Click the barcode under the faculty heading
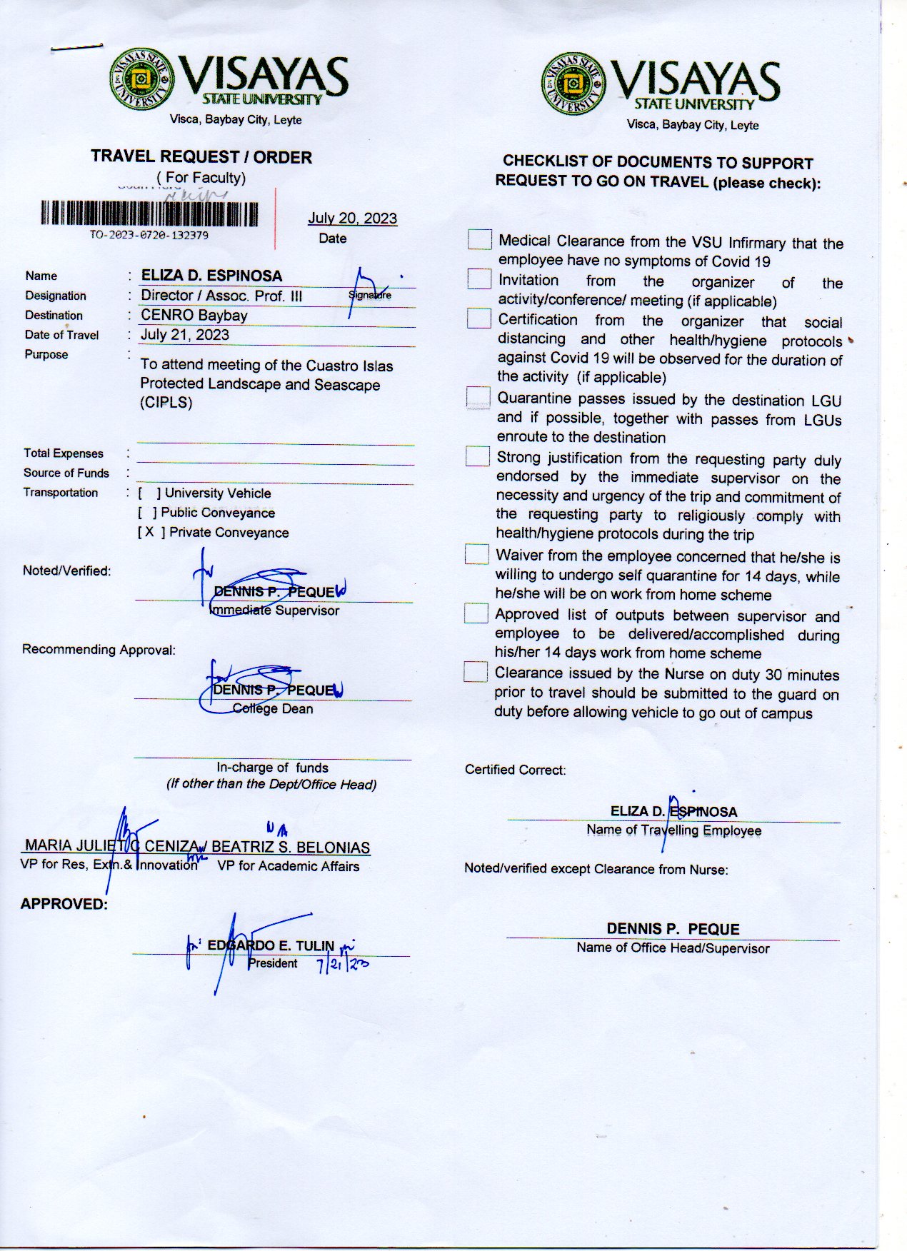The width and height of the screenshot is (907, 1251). click(x=149, y=213)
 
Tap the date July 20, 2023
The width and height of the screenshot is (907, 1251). click(x=352, y=218)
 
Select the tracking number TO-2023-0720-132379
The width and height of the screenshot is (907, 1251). click(x=149, y=235)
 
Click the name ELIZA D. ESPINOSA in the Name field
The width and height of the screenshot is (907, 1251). click(x=211, y=276)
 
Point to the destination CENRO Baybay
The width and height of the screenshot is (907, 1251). click(x=194, y=315)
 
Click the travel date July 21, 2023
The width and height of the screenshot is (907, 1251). click(x=185, y=334)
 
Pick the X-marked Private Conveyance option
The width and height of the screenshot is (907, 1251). click(x=149, y=532)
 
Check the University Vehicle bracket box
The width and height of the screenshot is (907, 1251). click(x=149, y=493)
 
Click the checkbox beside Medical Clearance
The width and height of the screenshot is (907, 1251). click(x=479, y=239)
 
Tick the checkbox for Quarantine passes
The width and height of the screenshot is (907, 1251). click(x=478, y=398)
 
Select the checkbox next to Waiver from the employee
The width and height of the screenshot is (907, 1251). click(x=476, y=554)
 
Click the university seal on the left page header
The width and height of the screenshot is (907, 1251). click(x=141, y=79)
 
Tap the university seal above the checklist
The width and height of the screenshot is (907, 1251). click(x=573, y=84)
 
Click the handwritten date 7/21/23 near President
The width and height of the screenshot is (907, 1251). click(x=342, y=965)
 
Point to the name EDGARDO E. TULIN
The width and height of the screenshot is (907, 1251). click(x=271, y=945)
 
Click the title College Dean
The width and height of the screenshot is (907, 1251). click(x=273, y=708)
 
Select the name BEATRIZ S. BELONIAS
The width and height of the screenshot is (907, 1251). click(x=291, y=848)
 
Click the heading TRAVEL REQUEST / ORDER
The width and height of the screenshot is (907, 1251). click(x=201, y=157)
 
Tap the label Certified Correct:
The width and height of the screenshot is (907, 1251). click(x=515, y=770)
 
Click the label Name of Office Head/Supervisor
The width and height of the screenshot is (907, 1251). click(x=673, y=948)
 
